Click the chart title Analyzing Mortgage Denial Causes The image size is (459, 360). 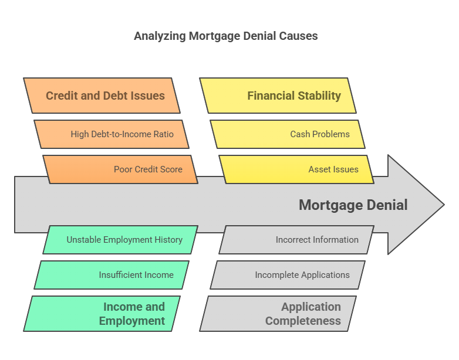pos(226,36)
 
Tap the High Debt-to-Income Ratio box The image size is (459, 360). pos(112,134)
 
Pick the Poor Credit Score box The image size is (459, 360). pos(120,169)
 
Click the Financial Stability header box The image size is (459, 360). pos(278,96)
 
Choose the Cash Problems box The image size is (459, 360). pos(288,134)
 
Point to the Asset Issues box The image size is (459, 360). pos(297,169)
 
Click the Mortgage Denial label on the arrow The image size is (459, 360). pos(353,205)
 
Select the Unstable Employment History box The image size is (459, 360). pos(120,240)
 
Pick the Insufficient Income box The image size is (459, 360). pos(112,275)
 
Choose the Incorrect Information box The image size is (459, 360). pos(297,240)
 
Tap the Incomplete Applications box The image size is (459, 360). pos(288,275)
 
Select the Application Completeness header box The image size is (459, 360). pos(278,314)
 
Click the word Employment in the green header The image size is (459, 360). pos(132,321)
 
